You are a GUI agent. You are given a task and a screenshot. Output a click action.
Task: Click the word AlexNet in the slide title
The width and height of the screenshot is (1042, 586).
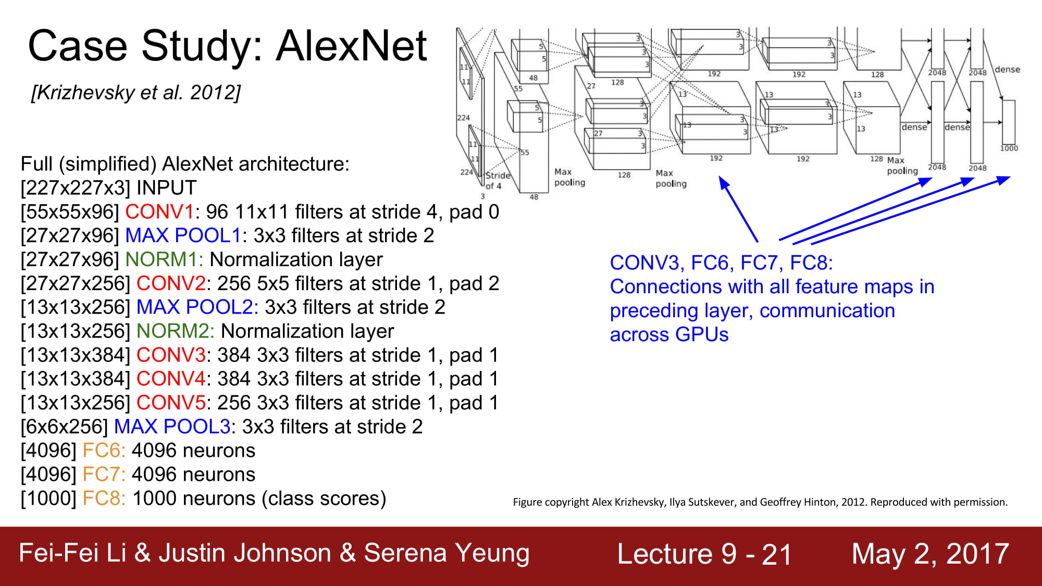(352, 46)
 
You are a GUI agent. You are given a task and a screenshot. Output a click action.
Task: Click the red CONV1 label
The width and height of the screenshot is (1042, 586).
(159, 212)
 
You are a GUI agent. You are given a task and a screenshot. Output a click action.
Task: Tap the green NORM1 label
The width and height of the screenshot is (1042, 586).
(164, 259)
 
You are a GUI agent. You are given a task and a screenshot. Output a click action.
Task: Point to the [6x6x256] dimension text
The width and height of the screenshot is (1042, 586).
(64, 427)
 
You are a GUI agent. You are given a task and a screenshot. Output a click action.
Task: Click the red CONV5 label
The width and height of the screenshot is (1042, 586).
(171, 403)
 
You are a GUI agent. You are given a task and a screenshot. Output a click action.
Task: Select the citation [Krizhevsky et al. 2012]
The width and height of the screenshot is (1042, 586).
(136, 93)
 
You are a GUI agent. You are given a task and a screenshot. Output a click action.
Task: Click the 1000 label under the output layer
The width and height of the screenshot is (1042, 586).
(1009, 148)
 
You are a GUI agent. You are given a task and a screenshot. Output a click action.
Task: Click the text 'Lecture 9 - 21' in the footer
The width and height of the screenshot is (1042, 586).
(704, 554)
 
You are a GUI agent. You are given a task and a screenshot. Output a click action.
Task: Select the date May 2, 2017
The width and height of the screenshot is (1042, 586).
(931, 554)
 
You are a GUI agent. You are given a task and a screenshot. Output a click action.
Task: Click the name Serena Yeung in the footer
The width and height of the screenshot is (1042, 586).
(446, 553)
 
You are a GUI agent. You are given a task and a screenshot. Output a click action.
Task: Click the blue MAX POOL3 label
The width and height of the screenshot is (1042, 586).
(172, 427)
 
